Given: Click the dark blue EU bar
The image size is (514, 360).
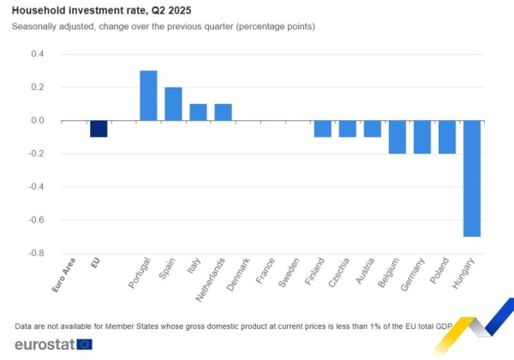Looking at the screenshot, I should [99, 129].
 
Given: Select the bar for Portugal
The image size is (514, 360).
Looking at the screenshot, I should [148, 95].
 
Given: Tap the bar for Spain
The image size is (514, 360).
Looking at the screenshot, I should [173, 104].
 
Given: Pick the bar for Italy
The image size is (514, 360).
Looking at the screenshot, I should [198, 112].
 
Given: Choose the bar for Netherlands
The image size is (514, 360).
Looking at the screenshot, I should [223, 112].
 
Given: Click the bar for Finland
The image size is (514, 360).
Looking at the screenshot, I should [322, 129].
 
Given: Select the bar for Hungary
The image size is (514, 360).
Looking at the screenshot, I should [471, 178].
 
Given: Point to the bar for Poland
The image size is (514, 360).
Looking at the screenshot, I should [446, 137].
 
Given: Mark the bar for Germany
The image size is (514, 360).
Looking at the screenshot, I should [421, 137].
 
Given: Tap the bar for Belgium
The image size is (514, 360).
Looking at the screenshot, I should [397, 137].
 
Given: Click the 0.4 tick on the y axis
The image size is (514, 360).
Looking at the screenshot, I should [38, 54].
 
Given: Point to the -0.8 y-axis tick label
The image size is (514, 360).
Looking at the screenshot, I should [36, 254].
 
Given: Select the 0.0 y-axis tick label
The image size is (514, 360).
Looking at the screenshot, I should [38, 121].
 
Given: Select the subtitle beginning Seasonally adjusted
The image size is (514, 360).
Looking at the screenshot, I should [164, 27].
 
